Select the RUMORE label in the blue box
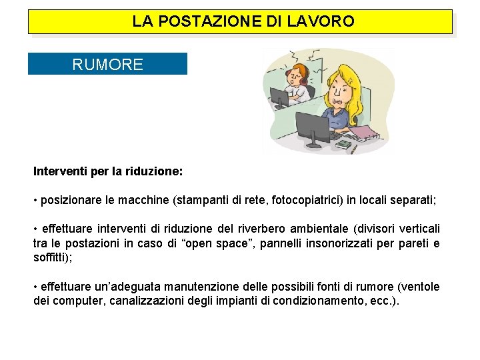(107, 65)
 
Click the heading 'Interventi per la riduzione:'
(107, 171)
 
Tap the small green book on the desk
(343, 143)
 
